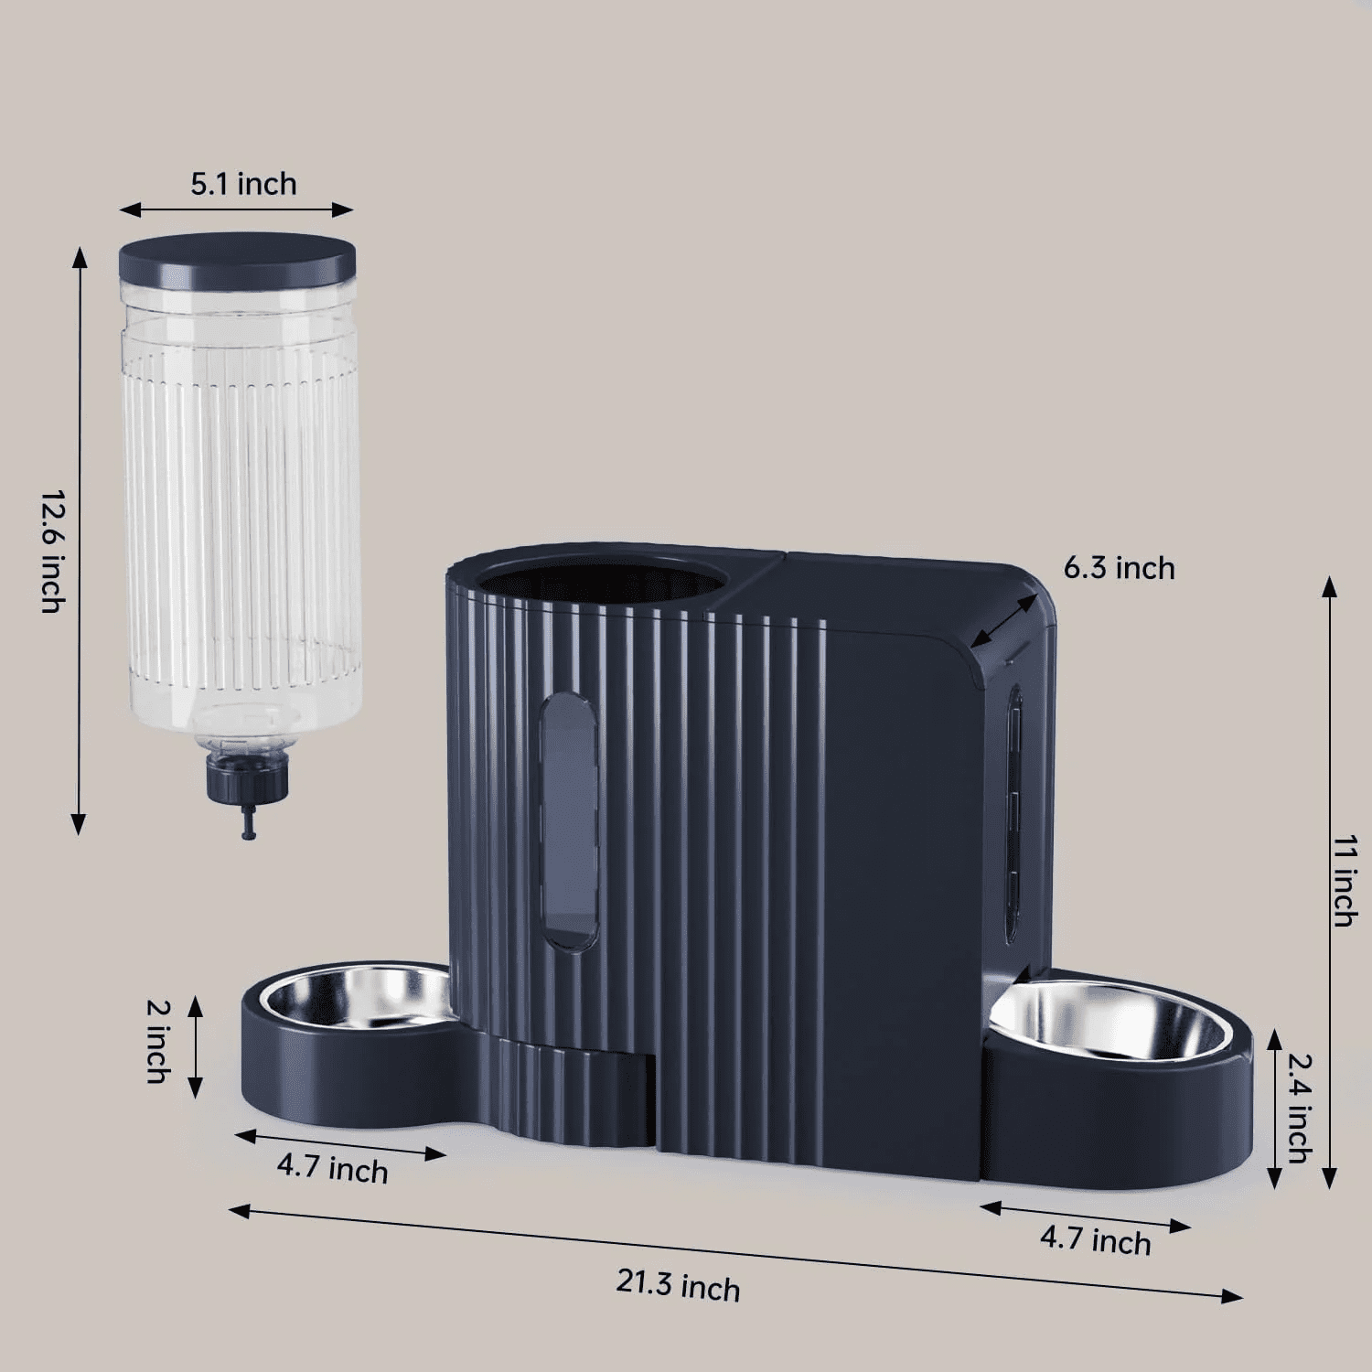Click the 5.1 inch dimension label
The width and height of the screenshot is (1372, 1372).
coord(243,184)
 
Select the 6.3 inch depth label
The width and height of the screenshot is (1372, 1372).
coord(1119,568)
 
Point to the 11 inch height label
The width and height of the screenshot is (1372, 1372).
coord(1344,880)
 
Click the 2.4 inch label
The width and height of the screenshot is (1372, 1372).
coord(1300,1108)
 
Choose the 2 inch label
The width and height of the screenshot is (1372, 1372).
coord(158,1041)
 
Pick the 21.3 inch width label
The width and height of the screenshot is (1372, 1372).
coord(678,1284)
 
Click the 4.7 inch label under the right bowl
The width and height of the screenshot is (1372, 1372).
coord(1095,1239)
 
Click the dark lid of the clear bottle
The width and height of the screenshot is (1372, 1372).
coord(236,259)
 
